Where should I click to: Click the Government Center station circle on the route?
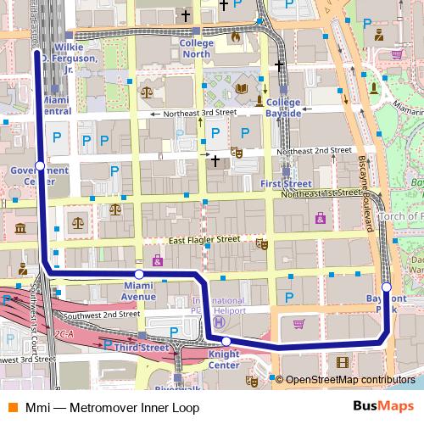click(39, 165)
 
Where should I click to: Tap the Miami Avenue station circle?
click(139, 274)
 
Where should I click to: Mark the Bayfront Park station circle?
click(387, 287)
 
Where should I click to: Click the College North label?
click(196, 48)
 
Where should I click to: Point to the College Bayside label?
click(280, 107)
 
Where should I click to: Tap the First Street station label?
click(281, 183)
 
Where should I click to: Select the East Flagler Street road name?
click(204, 240)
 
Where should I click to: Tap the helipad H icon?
click(218, 322)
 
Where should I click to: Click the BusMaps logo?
click(382, 407)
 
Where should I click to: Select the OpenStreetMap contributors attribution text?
click(348, 378)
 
